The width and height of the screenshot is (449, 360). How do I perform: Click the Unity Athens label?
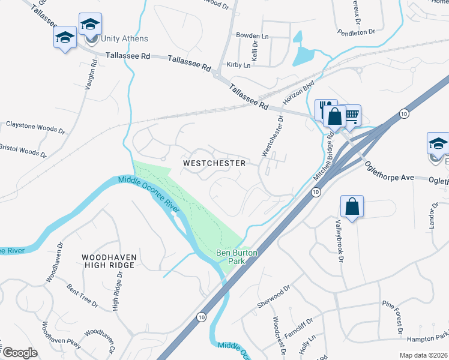point(124,39)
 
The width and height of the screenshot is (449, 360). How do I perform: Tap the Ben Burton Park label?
point(237,257)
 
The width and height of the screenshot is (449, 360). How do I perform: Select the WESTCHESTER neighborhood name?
point(214,163)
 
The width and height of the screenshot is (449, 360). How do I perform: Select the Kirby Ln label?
point(238,65)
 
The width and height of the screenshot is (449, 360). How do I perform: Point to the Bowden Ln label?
point(251,35)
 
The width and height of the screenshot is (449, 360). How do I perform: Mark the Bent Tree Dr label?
point(82,296)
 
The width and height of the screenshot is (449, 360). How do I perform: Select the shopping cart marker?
point(351,115)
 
